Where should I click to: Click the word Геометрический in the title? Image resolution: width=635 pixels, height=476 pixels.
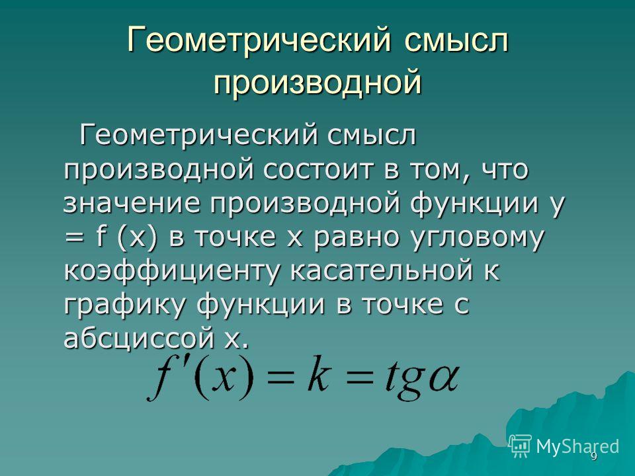259,40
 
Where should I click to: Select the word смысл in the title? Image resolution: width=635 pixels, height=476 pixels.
456,40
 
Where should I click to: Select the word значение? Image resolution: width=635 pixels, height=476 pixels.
132,203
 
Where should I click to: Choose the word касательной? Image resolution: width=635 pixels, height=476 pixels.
381,270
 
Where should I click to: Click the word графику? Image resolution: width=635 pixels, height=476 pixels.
125,304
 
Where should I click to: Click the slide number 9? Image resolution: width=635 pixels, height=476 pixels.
594,457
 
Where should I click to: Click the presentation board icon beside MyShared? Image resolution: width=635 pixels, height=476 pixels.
520,446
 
